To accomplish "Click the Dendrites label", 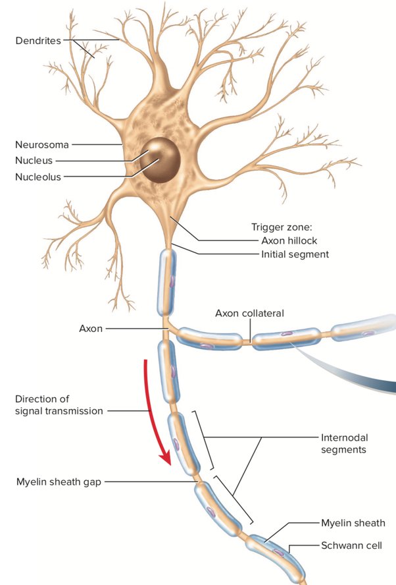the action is coord(38,40).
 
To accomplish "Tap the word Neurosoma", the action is coord(41,144).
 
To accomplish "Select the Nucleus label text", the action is coord(34,161).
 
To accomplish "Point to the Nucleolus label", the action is coord(38,177).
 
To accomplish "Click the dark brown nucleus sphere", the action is coord(161,159).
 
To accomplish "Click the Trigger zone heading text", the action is coord(282,227).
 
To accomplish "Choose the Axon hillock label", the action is coord(289,240).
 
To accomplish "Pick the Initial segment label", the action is coord(295,254).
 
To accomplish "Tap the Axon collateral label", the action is coord(249,313).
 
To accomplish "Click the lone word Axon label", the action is coord(91,328).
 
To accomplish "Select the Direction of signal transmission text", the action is coord(59,404).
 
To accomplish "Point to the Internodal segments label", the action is coord(344,443).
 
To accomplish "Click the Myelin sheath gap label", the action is coord(59,482).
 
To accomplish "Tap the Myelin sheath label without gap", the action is coord(353,523).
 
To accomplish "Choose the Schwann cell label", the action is coord(352,545).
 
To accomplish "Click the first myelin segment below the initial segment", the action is coord(167,282).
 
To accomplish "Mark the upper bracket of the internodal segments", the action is coord(204,440).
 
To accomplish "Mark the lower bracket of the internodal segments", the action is coord(234,499).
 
